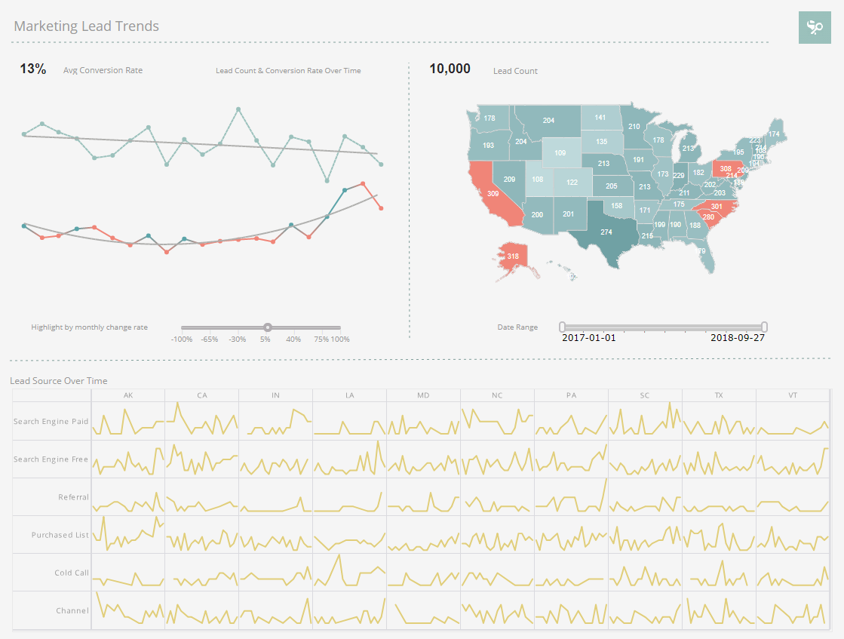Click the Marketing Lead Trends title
click(86, 26)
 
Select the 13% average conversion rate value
click(32, 69)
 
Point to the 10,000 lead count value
click(450, 69)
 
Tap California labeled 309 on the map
click(493, 194)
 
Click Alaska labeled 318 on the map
click(513, 257)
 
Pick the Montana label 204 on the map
click(548, 121)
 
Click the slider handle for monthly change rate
click(268, 327)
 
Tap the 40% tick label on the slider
click(293, 339)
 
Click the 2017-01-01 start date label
click(589, 338)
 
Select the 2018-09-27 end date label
click(738, 338)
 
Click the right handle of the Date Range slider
click(764, 327)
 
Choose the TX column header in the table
click(719, 395)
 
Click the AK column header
click(127, 395)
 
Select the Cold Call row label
click(72, 573)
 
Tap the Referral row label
click(73, 497)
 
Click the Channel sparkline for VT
click(793, 610)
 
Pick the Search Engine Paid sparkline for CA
click(201, 421)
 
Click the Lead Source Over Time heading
click(59, 381)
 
